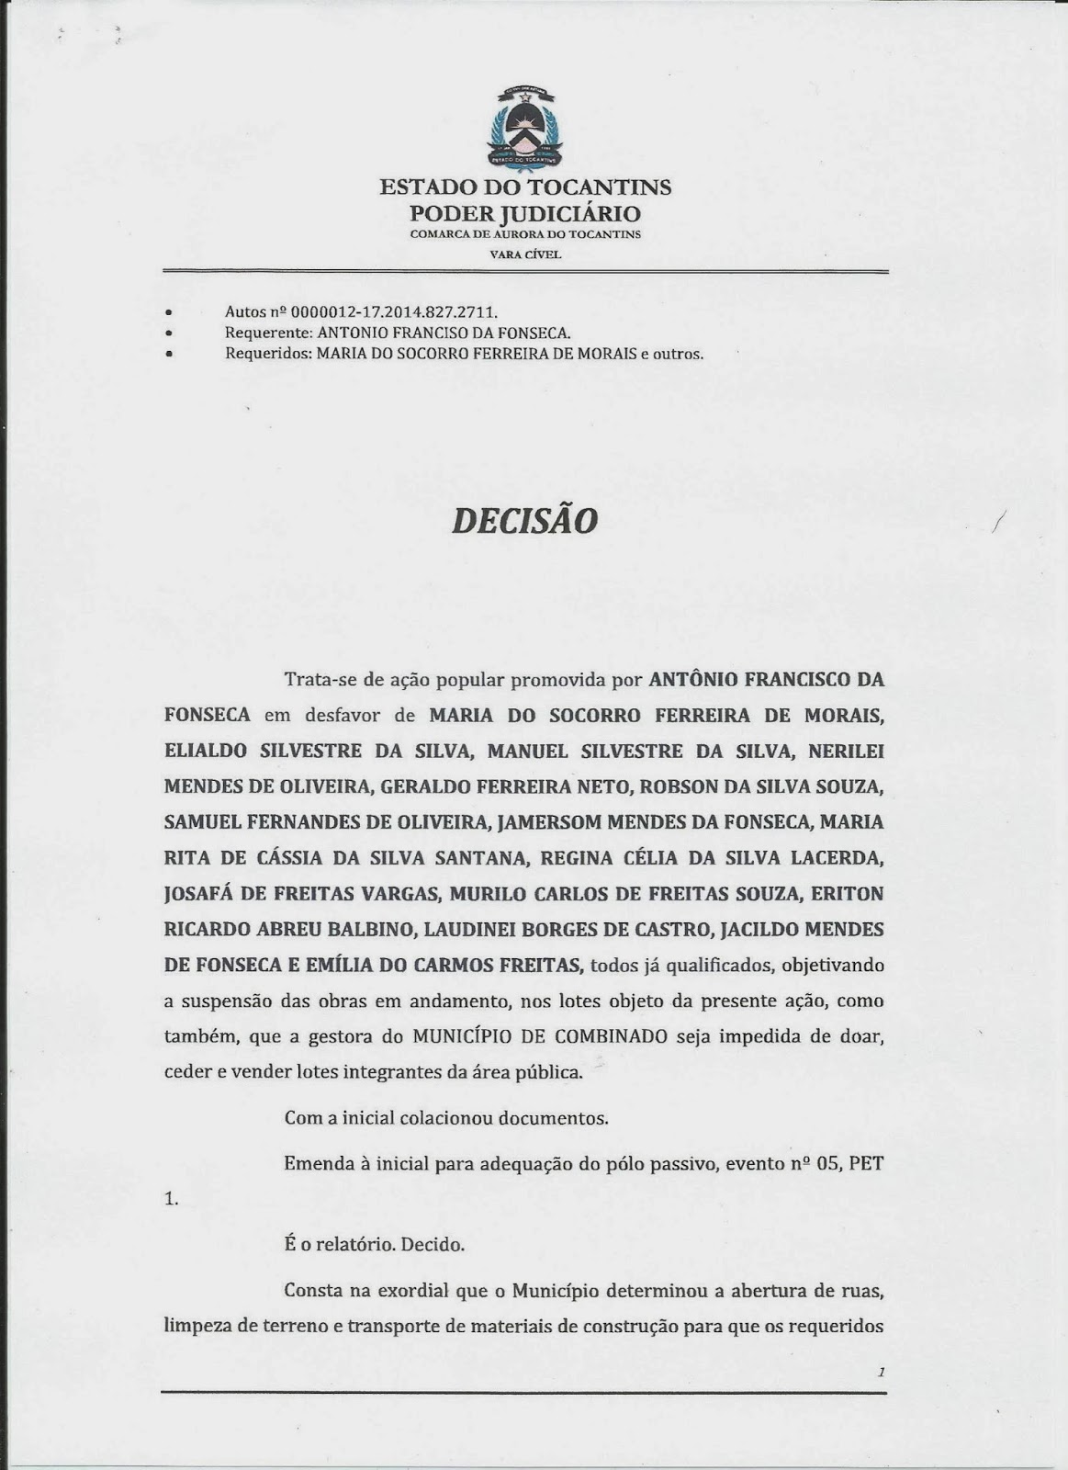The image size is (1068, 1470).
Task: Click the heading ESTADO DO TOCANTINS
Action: click(525, 187)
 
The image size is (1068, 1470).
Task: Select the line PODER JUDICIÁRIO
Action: click(525, 213)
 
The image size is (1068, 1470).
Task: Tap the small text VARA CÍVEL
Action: click(525, 254)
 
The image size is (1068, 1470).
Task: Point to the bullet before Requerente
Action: click(169, 333)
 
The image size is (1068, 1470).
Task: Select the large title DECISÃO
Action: click(524, 520)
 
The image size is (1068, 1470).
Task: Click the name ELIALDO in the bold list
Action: click(206, 751)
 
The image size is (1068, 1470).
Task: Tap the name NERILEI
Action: click(846, 751)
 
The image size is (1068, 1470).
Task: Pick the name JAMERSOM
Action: click(544, 821)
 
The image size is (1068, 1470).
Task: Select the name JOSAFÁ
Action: click(199, 893)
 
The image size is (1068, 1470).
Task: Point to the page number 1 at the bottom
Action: click(880, 1373)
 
